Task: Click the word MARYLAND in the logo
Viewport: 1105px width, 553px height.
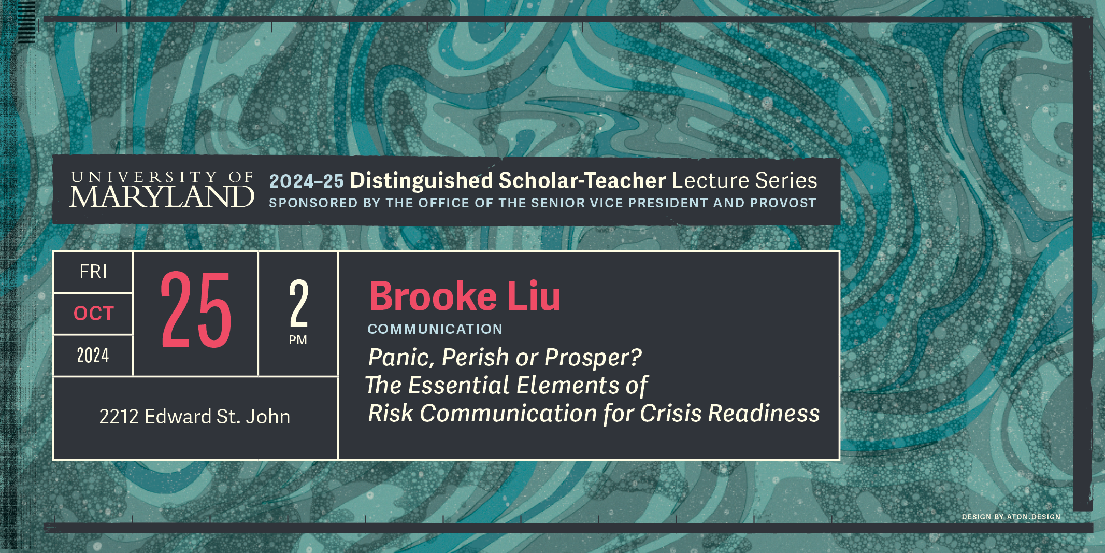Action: pyautogui.click(x=162, y=197)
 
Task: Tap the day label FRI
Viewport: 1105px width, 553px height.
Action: pyautogui.click(x=93, y=272)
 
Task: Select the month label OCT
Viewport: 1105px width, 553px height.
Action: pyautogui.click(x=94, y=314)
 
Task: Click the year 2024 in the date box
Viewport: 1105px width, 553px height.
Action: pyautogui.click(x=93, y=356)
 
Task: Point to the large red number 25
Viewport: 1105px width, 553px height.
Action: pyautogui.click(x=196, y=310)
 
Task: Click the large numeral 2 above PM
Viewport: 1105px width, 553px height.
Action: pyautogui.click(x=298, y=304)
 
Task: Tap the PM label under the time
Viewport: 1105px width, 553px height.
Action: pyautogui.click(x=298, y=340)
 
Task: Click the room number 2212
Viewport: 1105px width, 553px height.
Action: pyautogui.click(x=119, y=417)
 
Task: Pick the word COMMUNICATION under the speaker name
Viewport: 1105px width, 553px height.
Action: pyautogui.click(x=435, y=329)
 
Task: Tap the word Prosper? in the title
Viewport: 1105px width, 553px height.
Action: pyautogui.click(x=593, y=358)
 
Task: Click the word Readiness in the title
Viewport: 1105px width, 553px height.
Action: pyautogui.click(x=764, y=414)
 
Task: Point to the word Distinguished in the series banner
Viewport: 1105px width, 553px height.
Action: pyautogui.click(x=422, y=181)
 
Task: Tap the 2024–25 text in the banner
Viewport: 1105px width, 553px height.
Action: pyautogui.click(x=307, y=181)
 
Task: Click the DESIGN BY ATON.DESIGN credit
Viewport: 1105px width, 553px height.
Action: pyautogui.click(x=1011, y=517)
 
